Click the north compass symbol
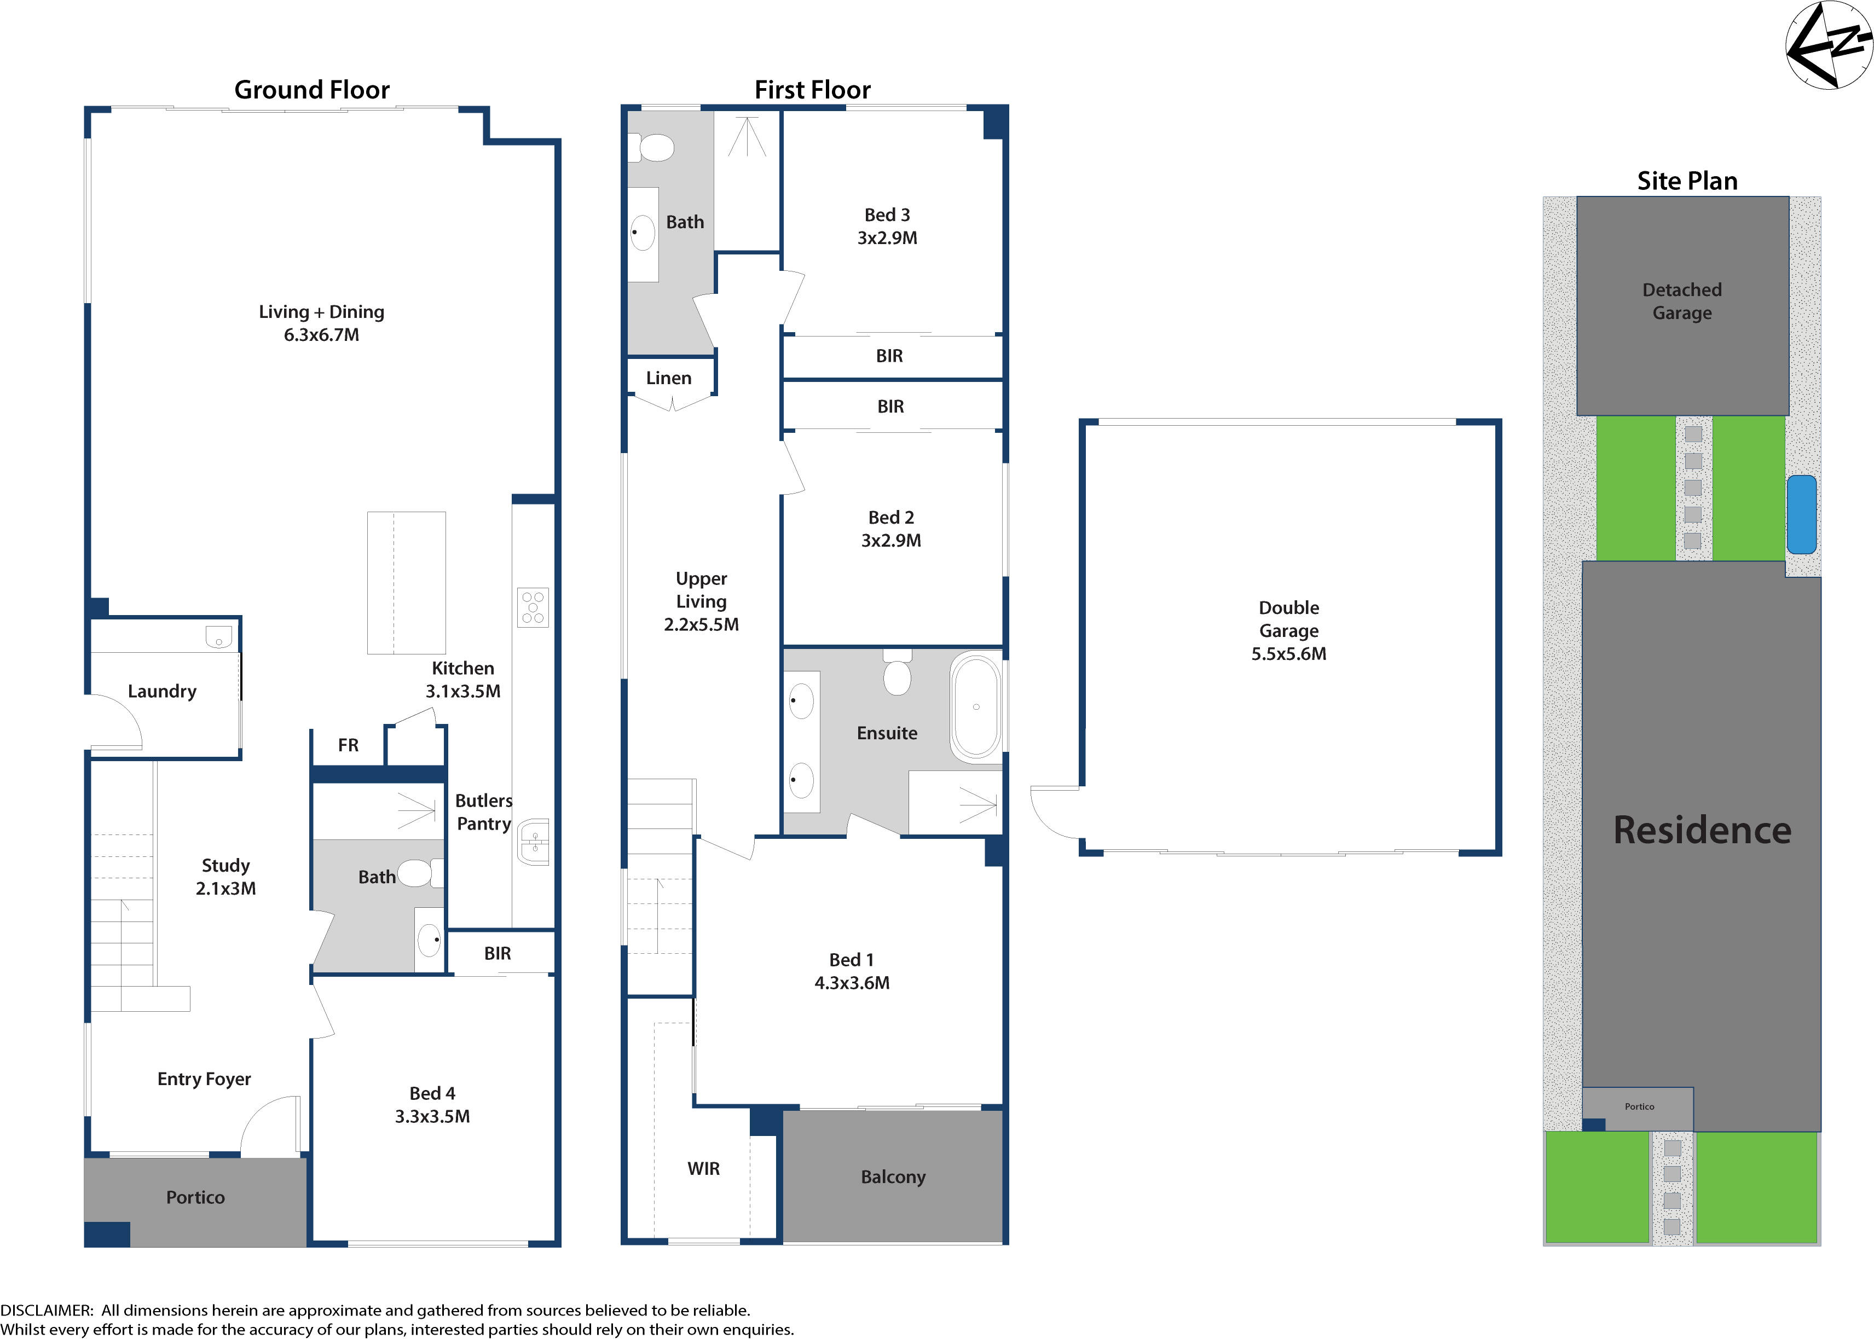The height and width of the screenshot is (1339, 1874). [1829, 44]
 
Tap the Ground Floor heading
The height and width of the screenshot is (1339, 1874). [311, 89]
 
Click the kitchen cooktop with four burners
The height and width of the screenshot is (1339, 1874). [533, 607]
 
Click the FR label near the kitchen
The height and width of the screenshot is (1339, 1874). [348, 745]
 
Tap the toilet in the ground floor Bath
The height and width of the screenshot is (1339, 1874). [417, 872]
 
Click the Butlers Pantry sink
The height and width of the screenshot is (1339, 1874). [534, 842]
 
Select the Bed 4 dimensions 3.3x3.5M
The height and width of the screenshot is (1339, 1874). [432, 1116]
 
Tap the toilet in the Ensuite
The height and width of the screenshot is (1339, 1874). [897, 673]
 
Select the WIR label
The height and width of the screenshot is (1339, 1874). [703, 1168]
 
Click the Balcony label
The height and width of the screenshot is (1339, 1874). [893, 1176]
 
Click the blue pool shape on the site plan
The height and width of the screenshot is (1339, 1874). [1801, 514]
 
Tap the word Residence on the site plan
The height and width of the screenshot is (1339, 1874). [1702, 830]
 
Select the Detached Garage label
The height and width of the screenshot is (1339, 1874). [1681, 301]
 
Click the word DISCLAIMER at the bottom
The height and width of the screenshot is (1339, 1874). [46, 1309]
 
